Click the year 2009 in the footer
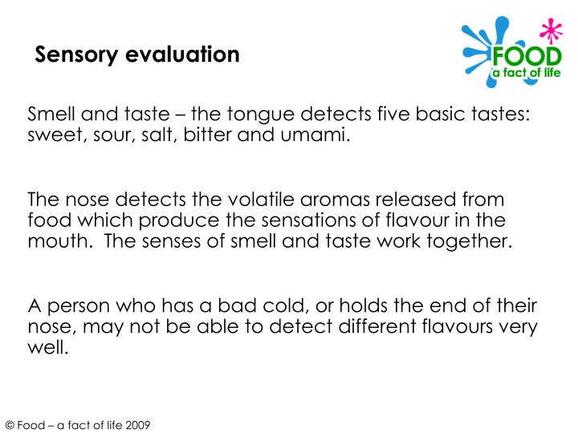pos(137,423)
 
